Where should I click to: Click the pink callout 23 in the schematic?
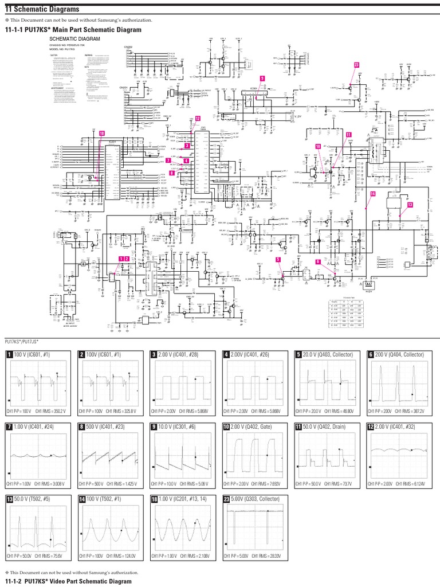[x=356, y=65]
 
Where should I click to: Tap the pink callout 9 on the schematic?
[x=262, y=78]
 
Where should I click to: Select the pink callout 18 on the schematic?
[x=102, y=133]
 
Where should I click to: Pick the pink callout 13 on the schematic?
[x=410, y=205]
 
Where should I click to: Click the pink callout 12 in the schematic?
[x=198, y=118]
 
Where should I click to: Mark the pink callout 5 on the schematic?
[x=278, y=260]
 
